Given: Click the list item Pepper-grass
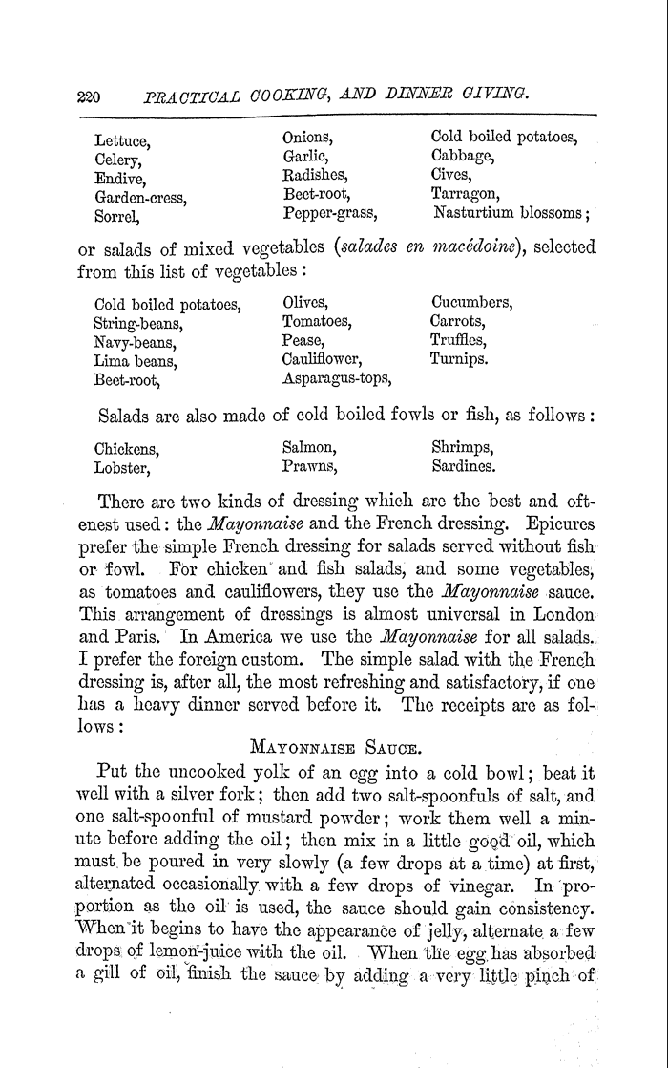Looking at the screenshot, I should click(x=330, y=213).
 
